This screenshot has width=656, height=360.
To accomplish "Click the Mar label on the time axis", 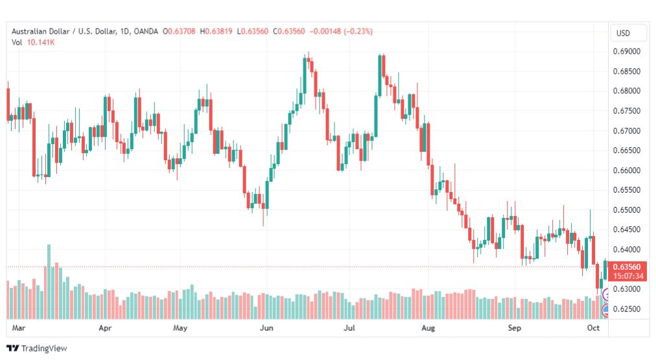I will (x=19, y=328).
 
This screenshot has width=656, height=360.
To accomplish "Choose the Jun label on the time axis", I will (x=266, y=328).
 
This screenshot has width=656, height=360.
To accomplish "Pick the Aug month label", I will (x=428, y=328).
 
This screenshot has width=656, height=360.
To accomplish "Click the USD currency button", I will (x=623, y=33).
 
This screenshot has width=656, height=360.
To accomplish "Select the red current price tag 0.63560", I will (x=627, y=267).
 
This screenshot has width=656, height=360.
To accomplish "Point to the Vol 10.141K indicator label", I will (x=32, y=42).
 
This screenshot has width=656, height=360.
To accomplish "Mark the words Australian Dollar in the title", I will (x=40, y=31).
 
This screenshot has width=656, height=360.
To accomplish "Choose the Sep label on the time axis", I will (x=514, y=328).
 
